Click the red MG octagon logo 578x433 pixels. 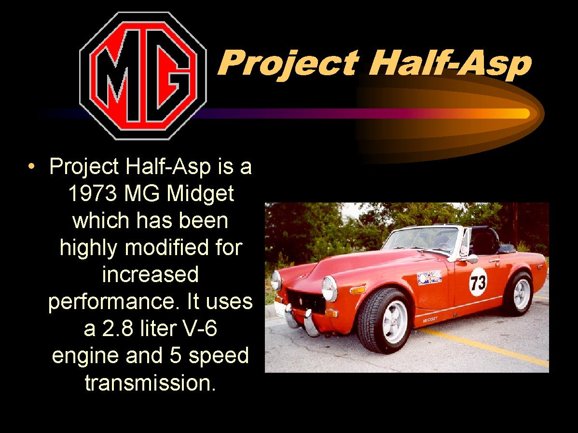click(x=143, y=76)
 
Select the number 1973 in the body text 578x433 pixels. click(x=93, y=193)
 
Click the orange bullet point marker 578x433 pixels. click(x=31, y=166)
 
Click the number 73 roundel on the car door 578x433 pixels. click(x=478, y=282)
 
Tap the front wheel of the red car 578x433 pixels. click(x=385, y=321)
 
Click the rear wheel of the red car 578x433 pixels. click(x=519, y=294)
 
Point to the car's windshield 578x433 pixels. click(x=423, y=238)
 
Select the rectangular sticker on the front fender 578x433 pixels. click(x=429, y=277)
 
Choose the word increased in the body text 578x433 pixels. click(x=151, y=275)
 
